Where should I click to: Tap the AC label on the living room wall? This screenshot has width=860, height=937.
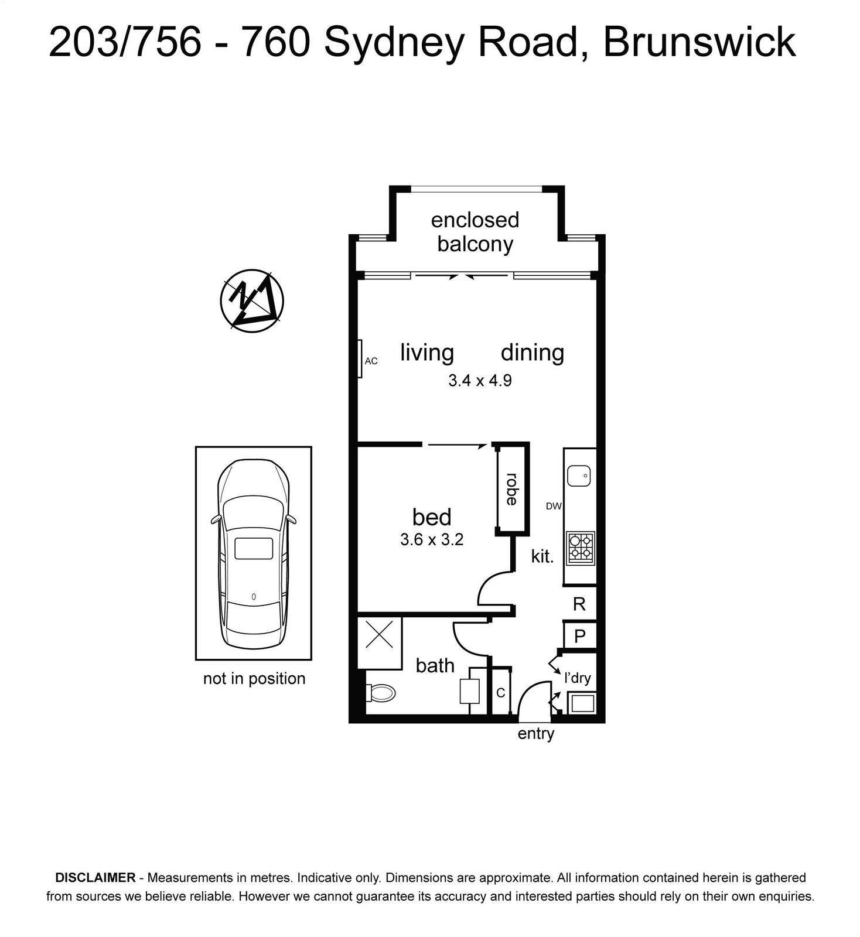(371, 361)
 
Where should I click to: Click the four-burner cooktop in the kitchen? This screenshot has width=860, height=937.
(581, 548)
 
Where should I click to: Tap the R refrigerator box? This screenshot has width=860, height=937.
(579, 604)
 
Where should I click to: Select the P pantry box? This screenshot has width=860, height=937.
(580, 636)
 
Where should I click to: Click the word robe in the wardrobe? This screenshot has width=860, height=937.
(511, 489)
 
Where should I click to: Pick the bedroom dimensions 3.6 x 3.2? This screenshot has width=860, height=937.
(432, 539)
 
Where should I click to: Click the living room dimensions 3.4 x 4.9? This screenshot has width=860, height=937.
(480, 381)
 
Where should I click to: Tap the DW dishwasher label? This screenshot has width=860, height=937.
(554, 506)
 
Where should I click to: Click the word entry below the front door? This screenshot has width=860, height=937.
(536, 734)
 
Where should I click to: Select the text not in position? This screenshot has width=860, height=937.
(254, 678)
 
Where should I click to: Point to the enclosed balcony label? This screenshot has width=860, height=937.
(475, 232)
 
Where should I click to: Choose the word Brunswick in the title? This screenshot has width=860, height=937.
(699, 42)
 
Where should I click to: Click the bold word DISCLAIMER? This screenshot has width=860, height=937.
(95, 877)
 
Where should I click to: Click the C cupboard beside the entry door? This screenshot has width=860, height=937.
(501, 693)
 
